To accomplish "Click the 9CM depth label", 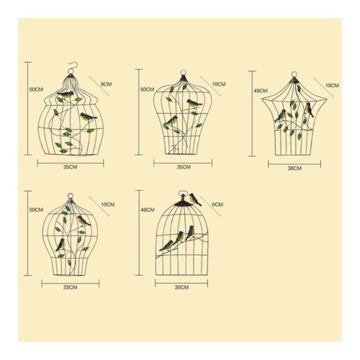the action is [x=106, y=84].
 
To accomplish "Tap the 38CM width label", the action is [x=294, y=168].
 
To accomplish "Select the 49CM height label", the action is [x=261, y=91].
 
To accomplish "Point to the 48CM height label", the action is [x=148, y=210].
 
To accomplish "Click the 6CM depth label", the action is [x=217, y=204].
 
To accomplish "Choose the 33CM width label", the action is [x=71, y=287].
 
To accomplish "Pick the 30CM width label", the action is [x=181, y=287].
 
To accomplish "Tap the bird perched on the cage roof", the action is [x=195, y=199].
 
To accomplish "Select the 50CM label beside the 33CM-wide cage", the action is [x=36, y=210].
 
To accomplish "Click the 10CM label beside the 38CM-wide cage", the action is [x=332, y=86].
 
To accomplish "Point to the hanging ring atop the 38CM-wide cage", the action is [x=294, y=75].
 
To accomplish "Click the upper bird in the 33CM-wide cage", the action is [x=83, y=221].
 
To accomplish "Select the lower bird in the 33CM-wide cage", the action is [x=60, y=245].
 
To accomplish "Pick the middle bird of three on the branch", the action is [x=179, y=238].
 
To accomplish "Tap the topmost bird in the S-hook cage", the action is [x=66, y=95].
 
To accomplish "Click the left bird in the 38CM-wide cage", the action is [x=281, y=115].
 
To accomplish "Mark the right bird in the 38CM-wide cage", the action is [x=309, y=109].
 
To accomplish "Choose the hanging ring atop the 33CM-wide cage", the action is [x=70, y=196].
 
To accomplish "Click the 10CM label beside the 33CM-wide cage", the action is [x=107, y=204].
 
